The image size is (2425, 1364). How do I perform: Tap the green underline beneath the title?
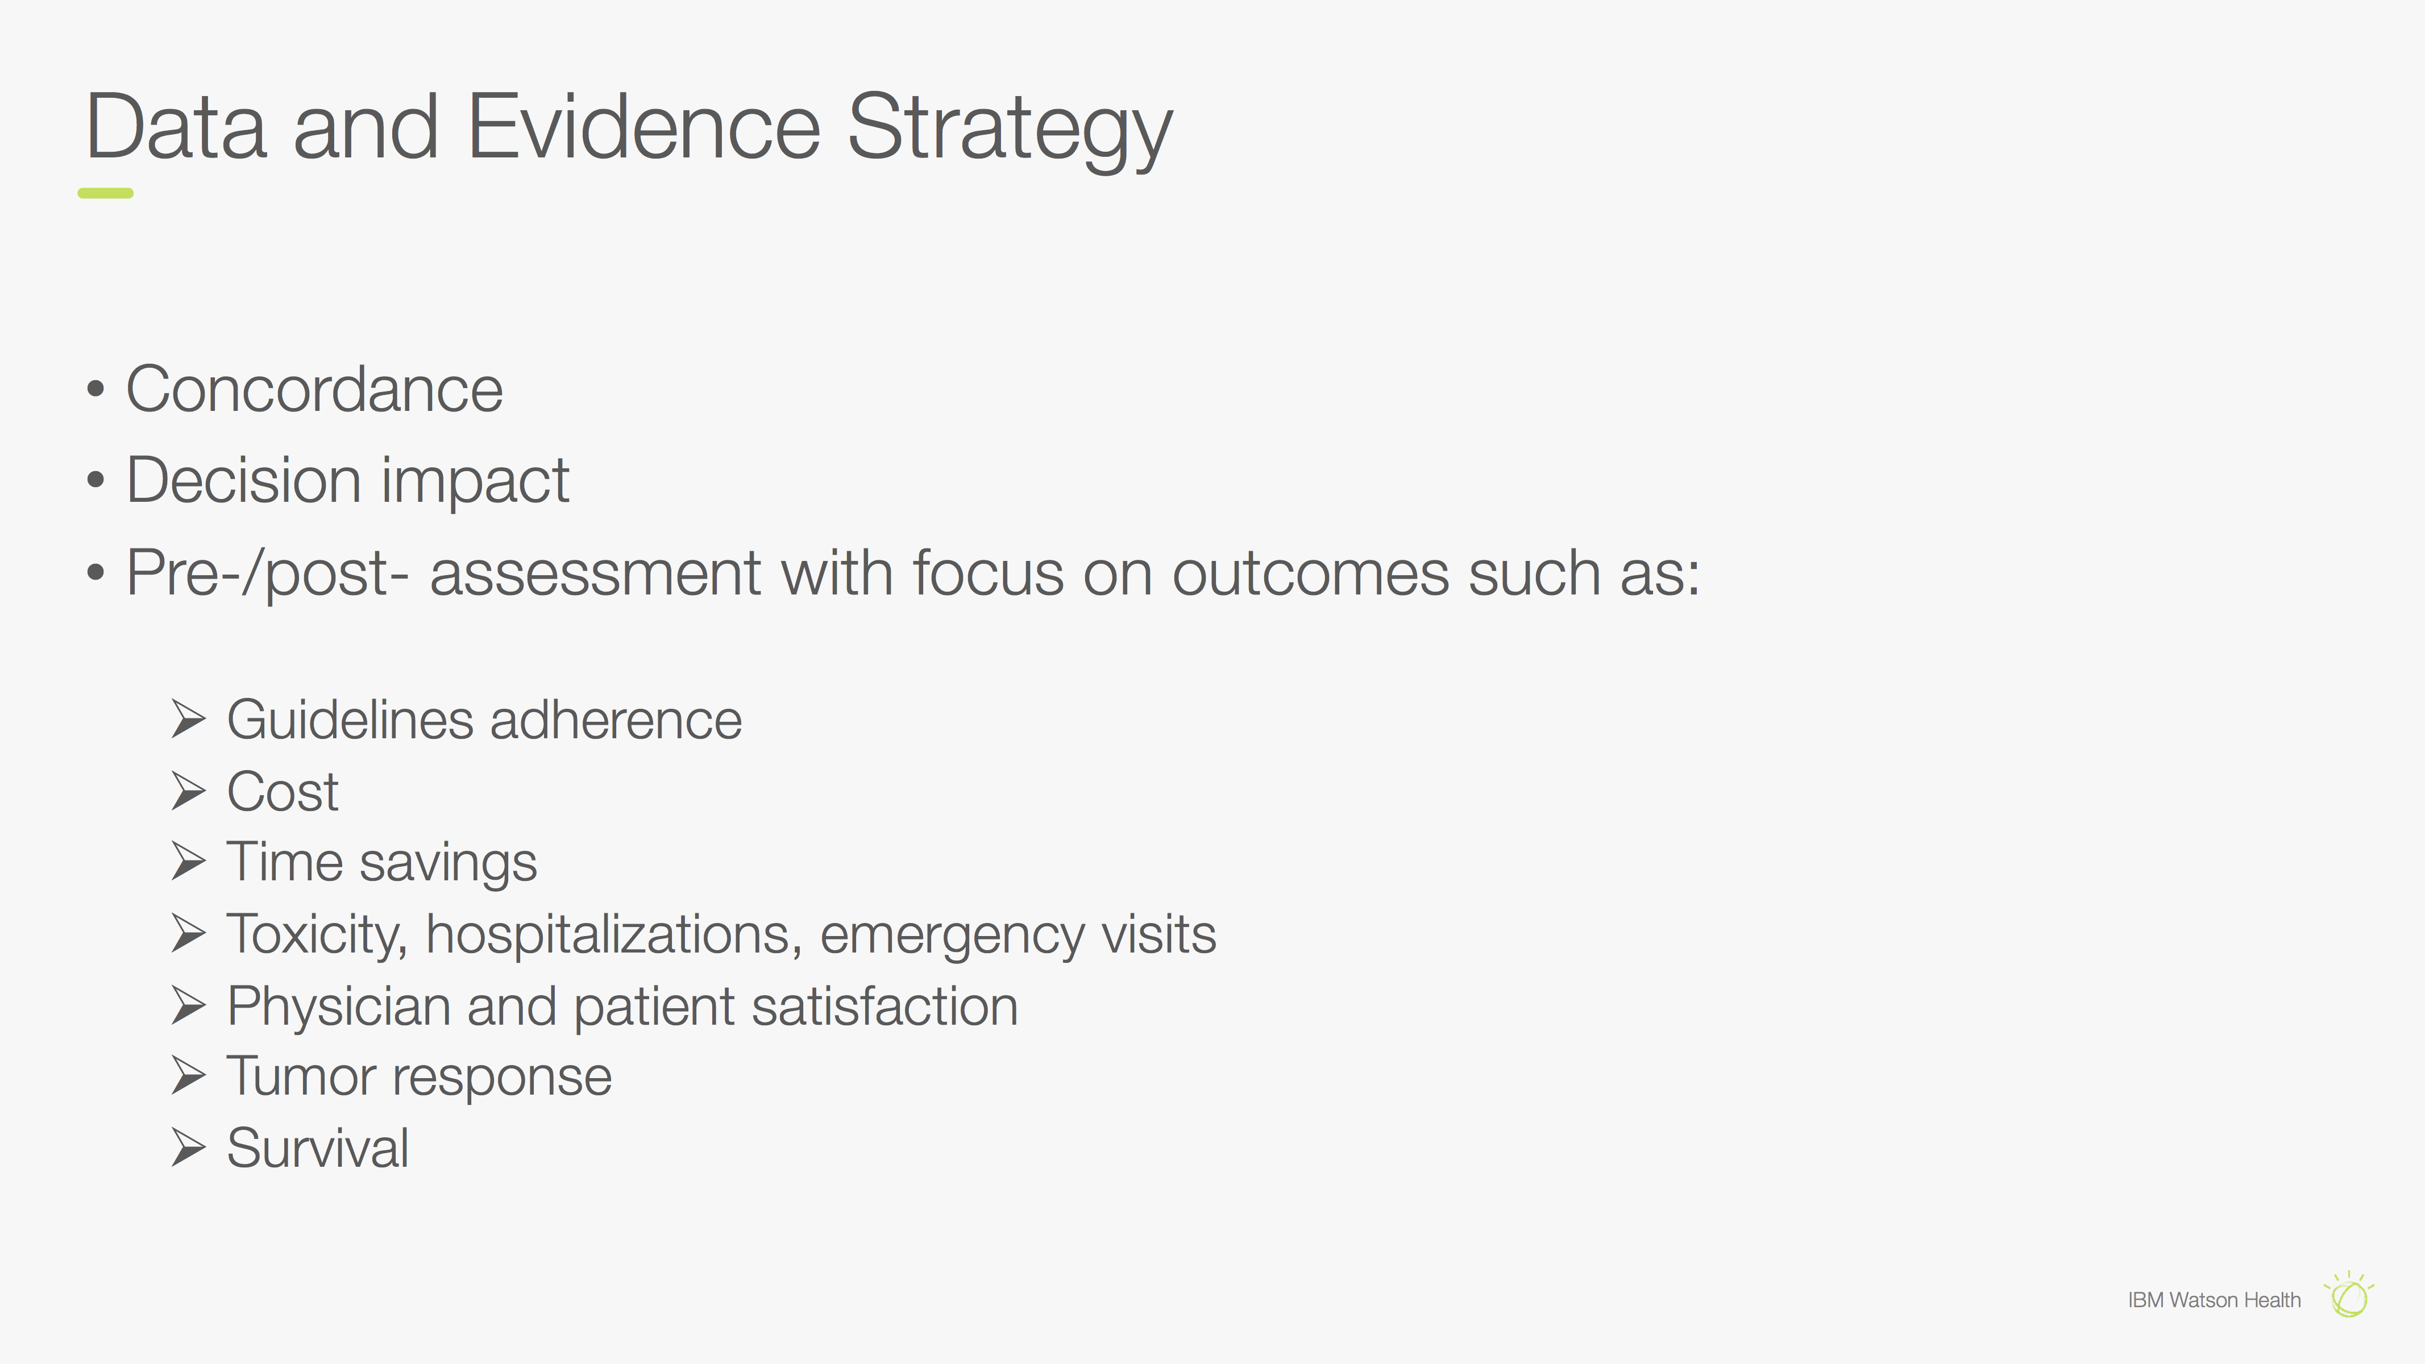(x=105, y=193)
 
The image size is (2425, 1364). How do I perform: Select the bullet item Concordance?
(x=314, y=390)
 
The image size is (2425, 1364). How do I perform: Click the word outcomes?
(x=1310, y=573)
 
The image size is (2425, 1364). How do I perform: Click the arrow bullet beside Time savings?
(x=188, y=862)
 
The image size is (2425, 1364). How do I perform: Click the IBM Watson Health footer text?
(x=2214, y=1300)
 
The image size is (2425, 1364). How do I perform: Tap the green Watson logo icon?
(x=2349, y=1295)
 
